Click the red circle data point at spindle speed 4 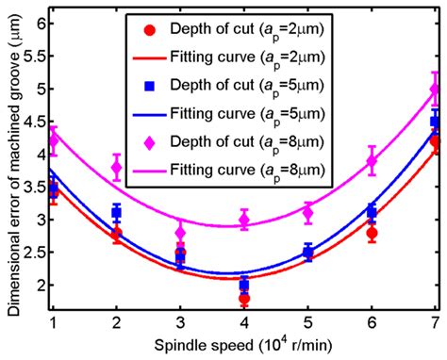tap(244, 298)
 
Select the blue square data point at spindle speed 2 tap(116, 213)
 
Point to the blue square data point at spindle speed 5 tap(307, 252)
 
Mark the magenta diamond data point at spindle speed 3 tap(180, 232)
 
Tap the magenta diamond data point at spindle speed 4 tap(244, 220)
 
